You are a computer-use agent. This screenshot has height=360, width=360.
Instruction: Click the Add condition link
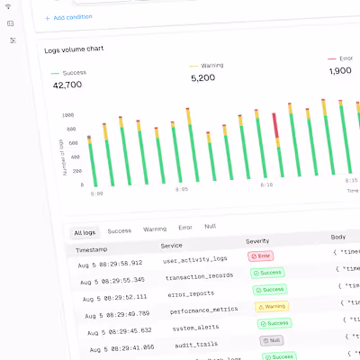coord(69,17)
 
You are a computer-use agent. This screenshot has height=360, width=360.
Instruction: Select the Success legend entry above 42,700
coord(73,72)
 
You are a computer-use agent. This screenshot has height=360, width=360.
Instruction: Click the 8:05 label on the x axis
coord(181,189)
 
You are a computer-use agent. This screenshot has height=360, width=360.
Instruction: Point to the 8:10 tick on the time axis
coord(266,184)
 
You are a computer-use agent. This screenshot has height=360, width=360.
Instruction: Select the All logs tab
coord(85,232)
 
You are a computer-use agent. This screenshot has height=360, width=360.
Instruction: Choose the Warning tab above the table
coord(155,229)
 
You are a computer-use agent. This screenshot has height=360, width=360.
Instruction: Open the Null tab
coord(210,228)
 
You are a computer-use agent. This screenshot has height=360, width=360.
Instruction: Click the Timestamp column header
coord(94,247)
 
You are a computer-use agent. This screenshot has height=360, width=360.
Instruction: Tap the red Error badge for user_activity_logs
coord(260,256)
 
